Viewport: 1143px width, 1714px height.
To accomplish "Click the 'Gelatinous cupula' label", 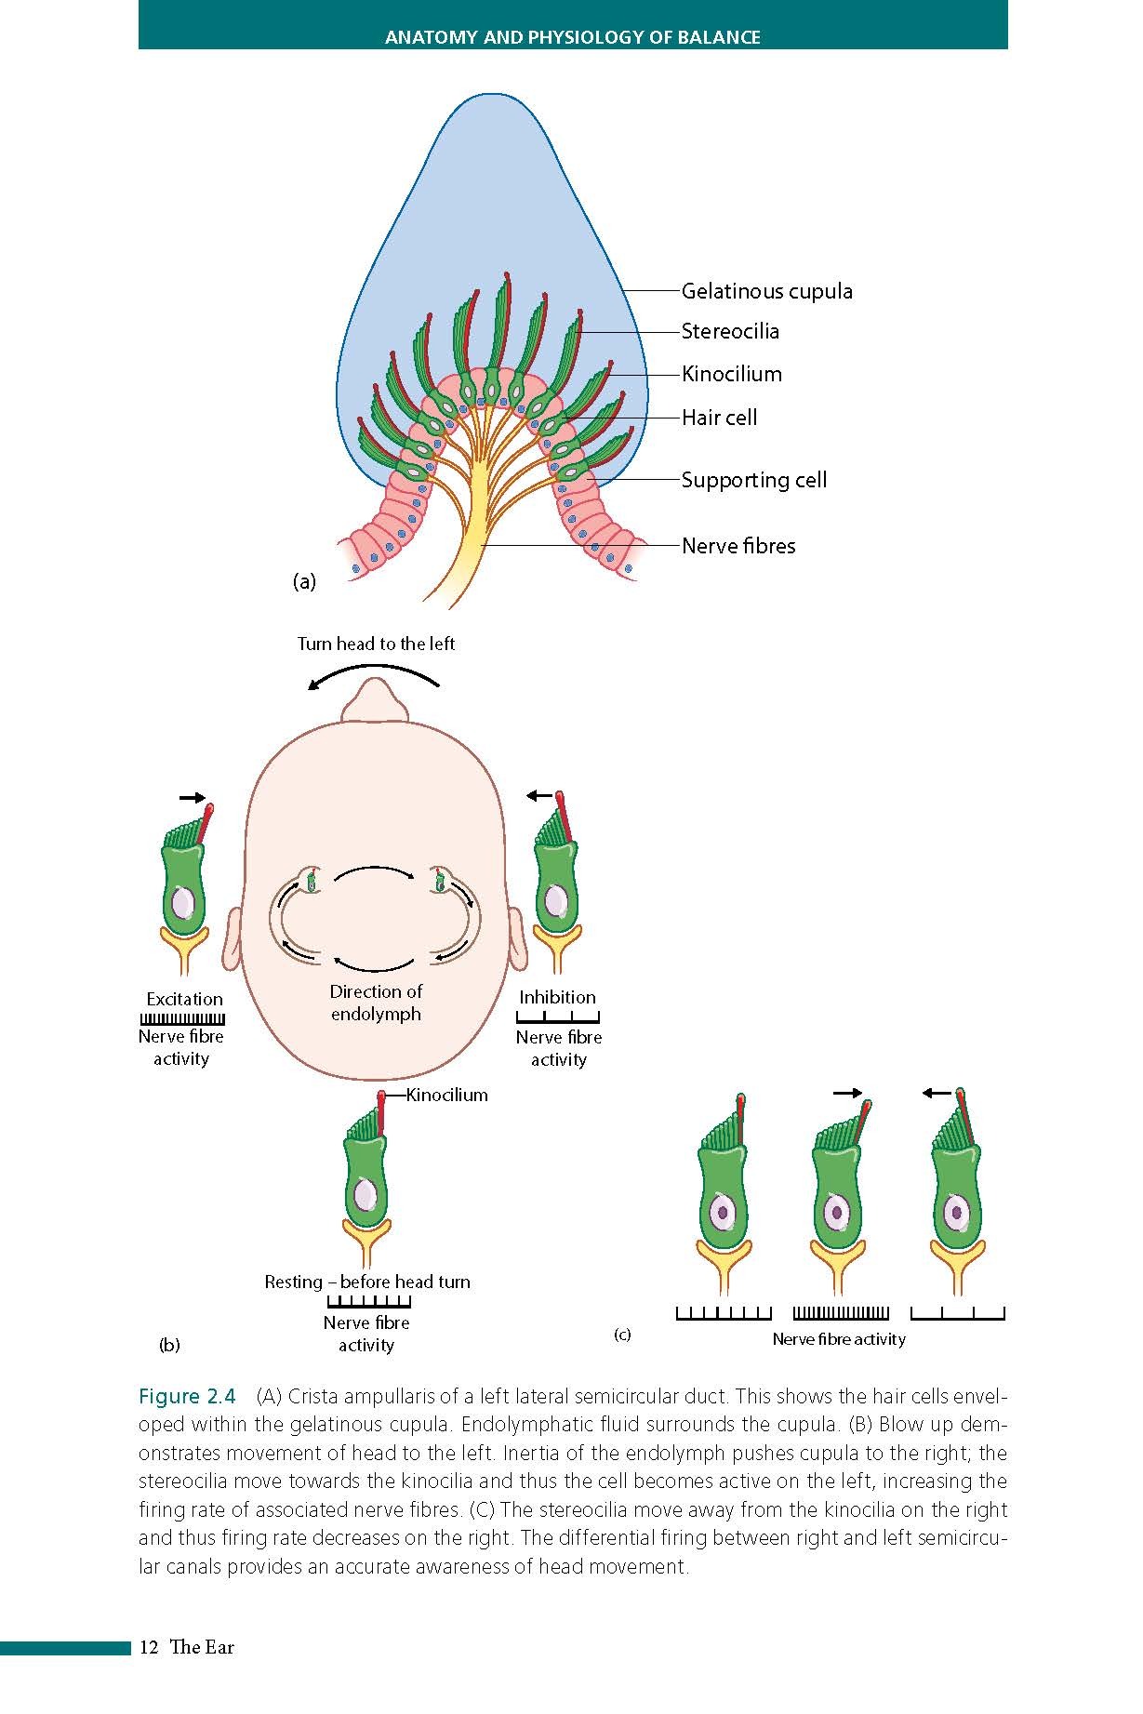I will [x=766, y=291].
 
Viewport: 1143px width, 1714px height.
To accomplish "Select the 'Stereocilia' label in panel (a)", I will [x=730, y=331].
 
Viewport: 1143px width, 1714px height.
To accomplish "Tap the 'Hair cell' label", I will [x=719, y=418].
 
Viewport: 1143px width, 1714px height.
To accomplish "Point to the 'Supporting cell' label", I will [x=753, y=480].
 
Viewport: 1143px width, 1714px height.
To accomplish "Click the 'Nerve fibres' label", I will [x=738, y=546].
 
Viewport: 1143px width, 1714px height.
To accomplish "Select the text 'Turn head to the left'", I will [x=376, y=644].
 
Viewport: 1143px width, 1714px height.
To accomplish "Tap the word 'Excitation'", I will [x=184, y=999].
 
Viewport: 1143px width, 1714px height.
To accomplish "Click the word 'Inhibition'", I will [x=557, y=997].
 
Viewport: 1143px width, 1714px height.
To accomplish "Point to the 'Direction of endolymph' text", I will [x=376, y=1003].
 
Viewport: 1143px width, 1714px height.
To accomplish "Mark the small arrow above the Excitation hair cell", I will [x=193, y=797].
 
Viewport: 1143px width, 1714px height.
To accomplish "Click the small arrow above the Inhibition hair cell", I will [x=538, y=795].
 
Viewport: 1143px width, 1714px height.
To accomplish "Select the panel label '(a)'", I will [x=304, y=582].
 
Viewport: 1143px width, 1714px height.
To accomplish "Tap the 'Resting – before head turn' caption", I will [x=367, y=1282].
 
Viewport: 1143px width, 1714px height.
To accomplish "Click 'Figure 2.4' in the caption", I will [x=187, y=1397].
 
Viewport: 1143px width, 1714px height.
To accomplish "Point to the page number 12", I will [x=148, y=1647].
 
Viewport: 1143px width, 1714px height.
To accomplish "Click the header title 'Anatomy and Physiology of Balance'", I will [x=572, y=37].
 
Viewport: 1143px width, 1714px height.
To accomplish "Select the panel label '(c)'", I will [x=622, y=1335].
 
